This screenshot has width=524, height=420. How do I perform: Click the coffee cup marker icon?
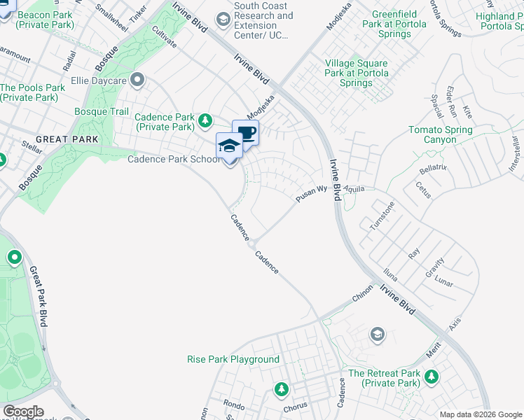[246, 132]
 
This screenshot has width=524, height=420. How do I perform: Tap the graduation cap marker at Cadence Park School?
[228, 146]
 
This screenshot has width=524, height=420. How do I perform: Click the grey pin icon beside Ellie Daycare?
[137, 80]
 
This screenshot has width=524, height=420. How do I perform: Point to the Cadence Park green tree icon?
[205, 122]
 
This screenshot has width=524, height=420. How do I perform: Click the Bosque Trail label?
[102, 111]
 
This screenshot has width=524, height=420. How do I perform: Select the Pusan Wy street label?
[312, 194]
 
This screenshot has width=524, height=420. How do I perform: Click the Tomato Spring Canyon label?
[440, 134]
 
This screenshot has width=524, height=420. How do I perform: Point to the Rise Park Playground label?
[233, 359]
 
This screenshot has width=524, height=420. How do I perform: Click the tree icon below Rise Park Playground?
[282, 388]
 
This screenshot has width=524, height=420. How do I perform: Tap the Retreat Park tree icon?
[432, 377]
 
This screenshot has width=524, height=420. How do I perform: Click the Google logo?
[23, 412]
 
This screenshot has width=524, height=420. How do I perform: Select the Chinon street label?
[362, 297]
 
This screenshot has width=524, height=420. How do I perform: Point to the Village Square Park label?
[357, 73]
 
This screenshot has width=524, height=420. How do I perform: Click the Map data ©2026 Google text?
[480, 414]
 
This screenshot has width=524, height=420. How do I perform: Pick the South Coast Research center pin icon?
[224, 19]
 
